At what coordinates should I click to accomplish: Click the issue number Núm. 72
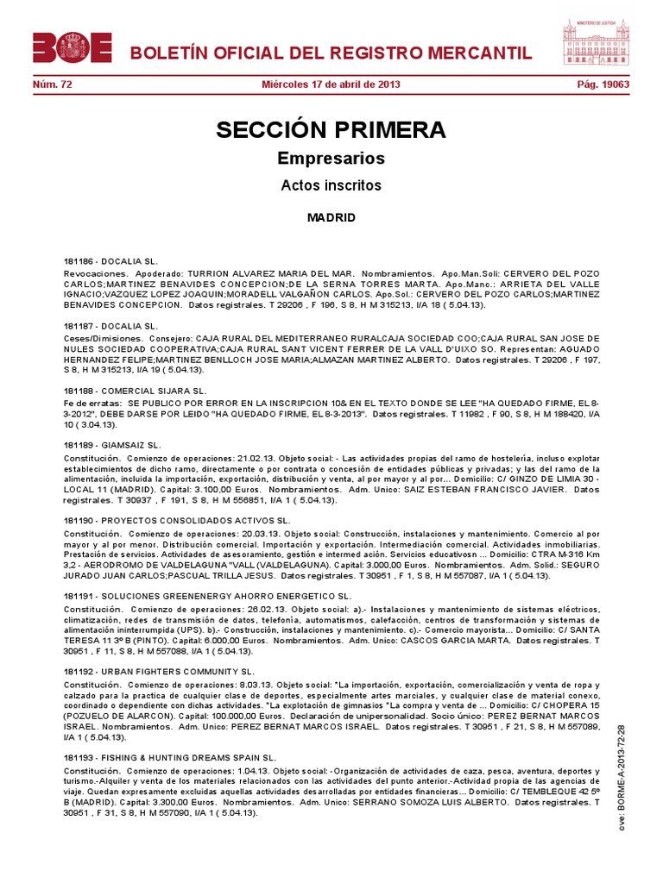50,85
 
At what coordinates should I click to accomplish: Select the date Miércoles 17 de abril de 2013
331,85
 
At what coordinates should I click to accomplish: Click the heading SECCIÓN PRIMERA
331,130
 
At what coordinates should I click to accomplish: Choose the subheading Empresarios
331,159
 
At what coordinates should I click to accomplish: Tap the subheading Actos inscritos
331,185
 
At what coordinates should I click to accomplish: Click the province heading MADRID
331,217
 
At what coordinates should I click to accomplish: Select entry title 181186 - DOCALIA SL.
110,260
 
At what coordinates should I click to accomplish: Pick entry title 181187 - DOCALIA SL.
110,327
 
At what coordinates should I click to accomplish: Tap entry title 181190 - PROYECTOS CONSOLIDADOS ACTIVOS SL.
176,521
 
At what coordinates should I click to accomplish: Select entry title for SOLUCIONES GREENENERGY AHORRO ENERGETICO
207,596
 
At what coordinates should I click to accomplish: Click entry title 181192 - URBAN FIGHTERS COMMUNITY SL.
159,671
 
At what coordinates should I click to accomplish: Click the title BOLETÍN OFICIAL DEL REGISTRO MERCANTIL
331,53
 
